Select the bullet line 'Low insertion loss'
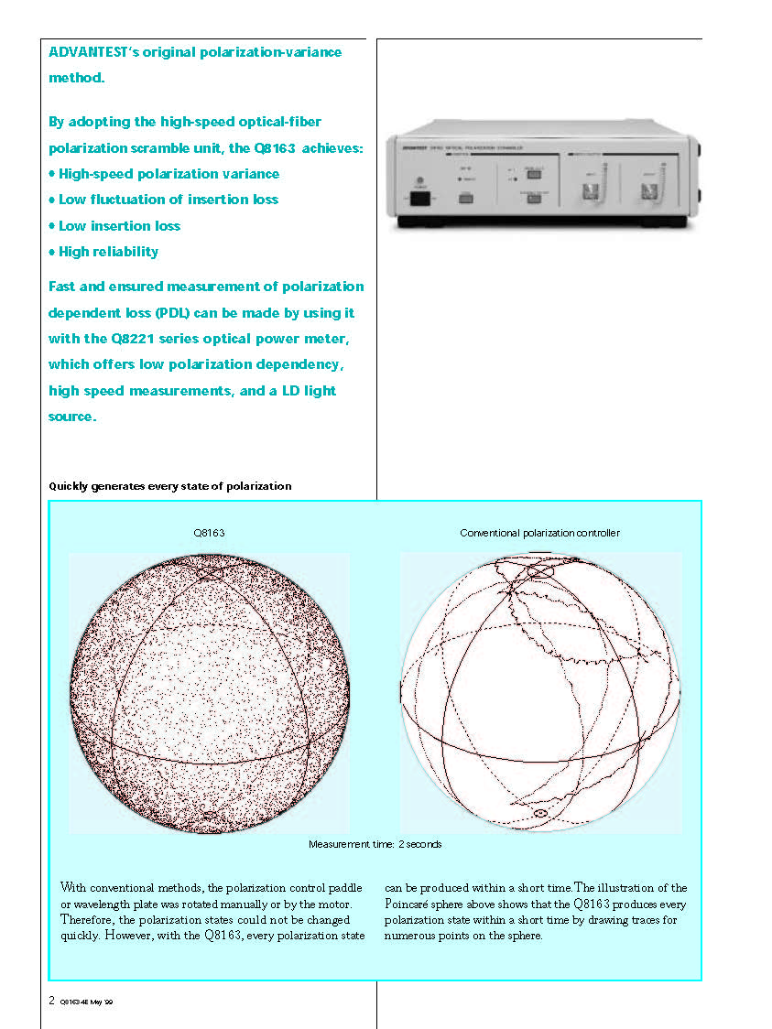pyautogui.click(x=119, y=225)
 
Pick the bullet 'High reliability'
pyautogui.click(x=108, y=251)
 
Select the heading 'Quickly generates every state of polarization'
pyautogui.click(x=169, y=486)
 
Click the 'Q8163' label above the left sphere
pyautogui.click(x=209, y=533)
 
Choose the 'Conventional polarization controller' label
pyautogui.click(x=539, y=533)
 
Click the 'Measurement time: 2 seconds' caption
pyautogui.click(x=375, y=844)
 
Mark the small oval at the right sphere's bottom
pyautogui.click(x=540, y=812)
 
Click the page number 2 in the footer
pyautogui.click(x=51, y=1001)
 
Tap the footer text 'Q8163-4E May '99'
pyautogui.click(x=86, y=1002)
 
